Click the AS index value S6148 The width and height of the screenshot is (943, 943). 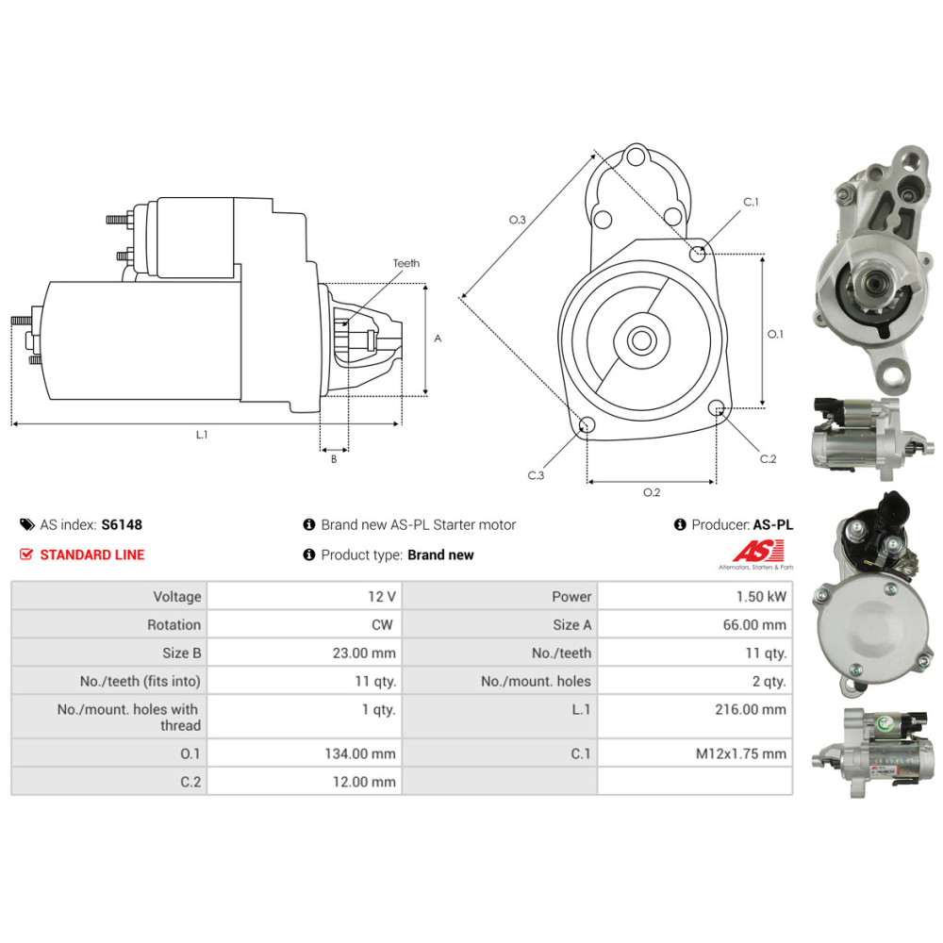122,525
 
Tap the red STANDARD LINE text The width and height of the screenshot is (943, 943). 92,555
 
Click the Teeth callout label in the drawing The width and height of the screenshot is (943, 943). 406,264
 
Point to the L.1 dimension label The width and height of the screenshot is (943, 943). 201,436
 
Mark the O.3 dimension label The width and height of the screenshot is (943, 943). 517,220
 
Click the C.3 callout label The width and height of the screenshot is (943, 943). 536,474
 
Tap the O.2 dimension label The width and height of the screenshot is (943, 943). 652,492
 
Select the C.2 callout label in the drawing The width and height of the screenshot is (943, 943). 768,459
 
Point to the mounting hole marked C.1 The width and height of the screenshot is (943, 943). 698,252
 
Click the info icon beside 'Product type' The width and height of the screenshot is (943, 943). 308,555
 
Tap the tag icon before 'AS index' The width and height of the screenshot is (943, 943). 26,525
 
